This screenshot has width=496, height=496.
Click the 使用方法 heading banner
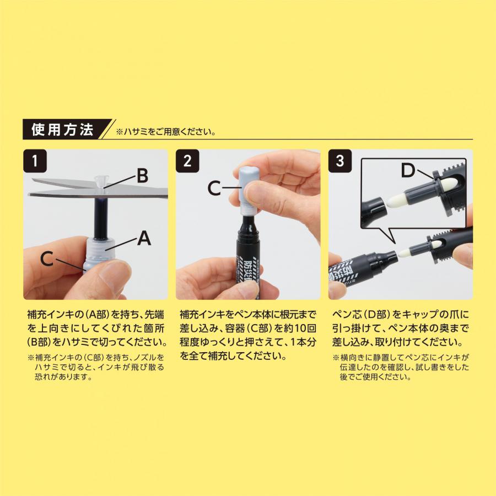(x=62, y=131)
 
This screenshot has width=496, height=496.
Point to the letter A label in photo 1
(x=143, y=238)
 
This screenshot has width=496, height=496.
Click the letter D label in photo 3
(x=408, y=171)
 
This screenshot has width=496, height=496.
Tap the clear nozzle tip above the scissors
(x=100, y=180)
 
